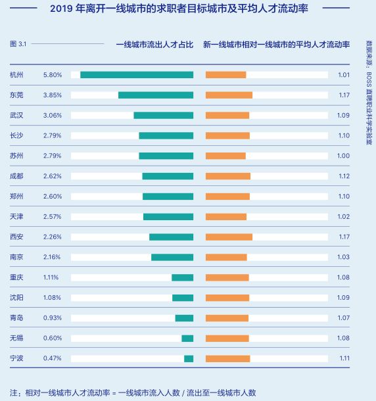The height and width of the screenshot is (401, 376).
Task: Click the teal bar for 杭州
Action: [137, 75]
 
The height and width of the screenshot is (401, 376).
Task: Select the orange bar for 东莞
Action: [229, 95]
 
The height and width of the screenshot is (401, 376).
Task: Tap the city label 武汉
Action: [16, 116]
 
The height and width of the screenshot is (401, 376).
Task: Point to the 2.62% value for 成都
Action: [52, 176]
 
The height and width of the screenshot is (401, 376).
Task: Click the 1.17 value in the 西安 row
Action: [344, 237]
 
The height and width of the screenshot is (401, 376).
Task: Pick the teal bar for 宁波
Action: [189, 358]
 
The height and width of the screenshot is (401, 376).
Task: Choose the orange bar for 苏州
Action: [225, 156]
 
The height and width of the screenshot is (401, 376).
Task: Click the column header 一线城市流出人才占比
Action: [154, 45]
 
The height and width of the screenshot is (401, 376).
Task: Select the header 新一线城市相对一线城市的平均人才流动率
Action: [276, 45]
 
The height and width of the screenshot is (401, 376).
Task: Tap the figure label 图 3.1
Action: [18, 44]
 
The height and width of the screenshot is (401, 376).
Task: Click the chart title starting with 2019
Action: [187, 9]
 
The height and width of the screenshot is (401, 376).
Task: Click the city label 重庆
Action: [16, 277]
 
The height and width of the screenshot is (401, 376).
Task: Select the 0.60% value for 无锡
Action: [52, 338]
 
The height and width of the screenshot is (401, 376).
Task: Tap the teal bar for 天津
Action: [168, 216]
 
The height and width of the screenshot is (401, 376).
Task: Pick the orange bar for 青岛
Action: [227, 318]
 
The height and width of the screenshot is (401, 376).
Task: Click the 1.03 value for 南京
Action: [344, 257]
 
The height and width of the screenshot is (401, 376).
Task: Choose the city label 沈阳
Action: [16, 298]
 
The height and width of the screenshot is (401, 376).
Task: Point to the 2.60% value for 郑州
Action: [52, 197]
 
